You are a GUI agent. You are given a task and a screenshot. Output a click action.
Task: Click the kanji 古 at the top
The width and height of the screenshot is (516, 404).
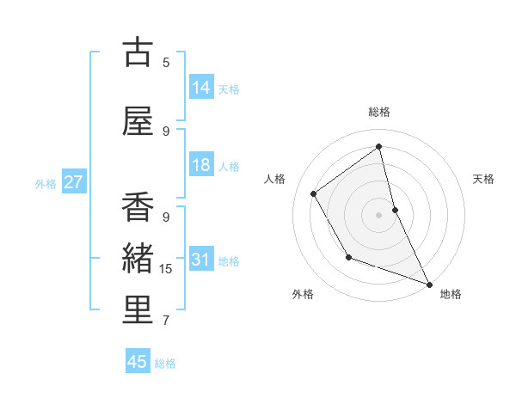click(138, 52)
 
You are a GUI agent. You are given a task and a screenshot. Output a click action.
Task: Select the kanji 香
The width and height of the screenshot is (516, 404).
click(138, 209)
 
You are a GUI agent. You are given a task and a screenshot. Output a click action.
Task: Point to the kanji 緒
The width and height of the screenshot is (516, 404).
click(138, 260)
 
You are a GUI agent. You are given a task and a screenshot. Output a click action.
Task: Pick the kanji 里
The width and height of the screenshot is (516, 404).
click(138, 311)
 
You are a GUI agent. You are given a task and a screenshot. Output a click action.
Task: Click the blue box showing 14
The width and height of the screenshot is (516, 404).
click(201, 88)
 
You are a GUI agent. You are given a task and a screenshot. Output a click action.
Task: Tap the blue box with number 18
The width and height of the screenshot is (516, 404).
click(201, 166)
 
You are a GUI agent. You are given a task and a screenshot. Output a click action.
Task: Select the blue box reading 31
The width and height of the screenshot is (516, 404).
click(201, 260)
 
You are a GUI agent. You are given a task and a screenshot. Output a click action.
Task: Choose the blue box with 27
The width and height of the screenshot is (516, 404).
click(73, 183)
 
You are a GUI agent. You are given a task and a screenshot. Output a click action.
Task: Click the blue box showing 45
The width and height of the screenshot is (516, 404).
click(138, 362)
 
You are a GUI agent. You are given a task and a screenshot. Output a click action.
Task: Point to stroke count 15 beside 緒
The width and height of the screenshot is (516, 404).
click(166, 269)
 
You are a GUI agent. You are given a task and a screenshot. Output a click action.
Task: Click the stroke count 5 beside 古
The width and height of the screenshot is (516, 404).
click(166, 62)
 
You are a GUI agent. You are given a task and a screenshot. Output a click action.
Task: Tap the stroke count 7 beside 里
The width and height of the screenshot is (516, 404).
click(166, 321)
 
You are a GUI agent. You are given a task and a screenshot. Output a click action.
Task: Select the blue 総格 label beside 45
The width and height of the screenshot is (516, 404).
click(165, 364)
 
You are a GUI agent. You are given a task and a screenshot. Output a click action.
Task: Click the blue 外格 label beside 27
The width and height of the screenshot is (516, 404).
click(46, 184)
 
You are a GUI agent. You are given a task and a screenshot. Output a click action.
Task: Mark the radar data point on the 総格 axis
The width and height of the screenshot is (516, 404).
click(378, 146)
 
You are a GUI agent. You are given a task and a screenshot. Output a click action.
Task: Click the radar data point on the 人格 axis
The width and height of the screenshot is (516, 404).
click(314, 194)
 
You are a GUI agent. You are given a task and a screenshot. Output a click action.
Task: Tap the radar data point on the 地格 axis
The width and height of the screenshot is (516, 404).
click(430, 285)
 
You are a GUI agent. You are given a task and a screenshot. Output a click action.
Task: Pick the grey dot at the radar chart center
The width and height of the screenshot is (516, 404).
click(378, 214)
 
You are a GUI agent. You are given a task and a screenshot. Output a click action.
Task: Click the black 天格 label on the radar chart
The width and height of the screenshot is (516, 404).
click(483, 179)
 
